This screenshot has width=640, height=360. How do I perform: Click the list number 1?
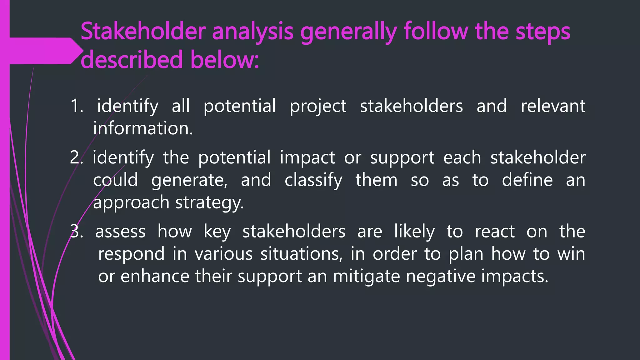pos(77,106)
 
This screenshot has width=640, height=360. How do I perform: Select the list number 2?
pos(76,157)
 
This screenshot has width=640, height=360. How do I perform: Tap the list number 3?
pos(76,232)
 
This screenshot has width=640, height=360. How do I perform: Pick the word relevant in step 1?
pos(553,106)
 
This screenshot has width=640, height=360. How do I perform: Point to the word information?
pos(143,128)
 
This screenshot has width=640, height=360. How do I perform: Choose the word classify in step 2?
pos(313,180)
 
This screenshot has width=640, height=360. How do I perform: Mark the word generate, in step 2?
pos(189,180)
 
